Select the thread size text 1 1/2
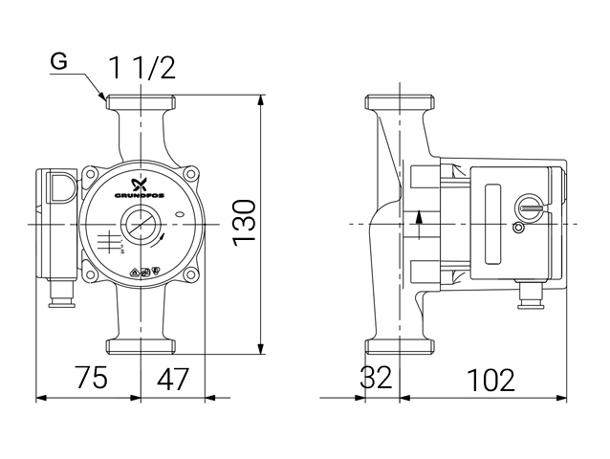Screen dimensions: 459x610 tap(142, 68)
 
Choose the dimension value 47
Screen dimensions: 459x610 tap(172, 379)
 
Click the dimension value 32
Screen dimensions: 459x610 tap(377, 379)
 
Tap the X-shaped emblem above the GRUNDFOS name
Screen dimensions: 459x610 tap(142, 181)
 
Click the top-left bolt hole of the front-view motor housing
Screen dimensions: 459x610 tap(91, 176)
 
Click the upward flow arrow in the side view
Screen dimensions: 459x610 tap(420, 227)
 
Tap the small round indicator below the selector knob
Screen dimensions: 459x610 tap(519, 228)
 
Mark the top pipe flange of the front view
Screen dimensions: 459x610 tap(142, 101)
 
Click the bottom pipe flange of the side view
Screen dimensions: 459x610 tap(400, 344)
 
